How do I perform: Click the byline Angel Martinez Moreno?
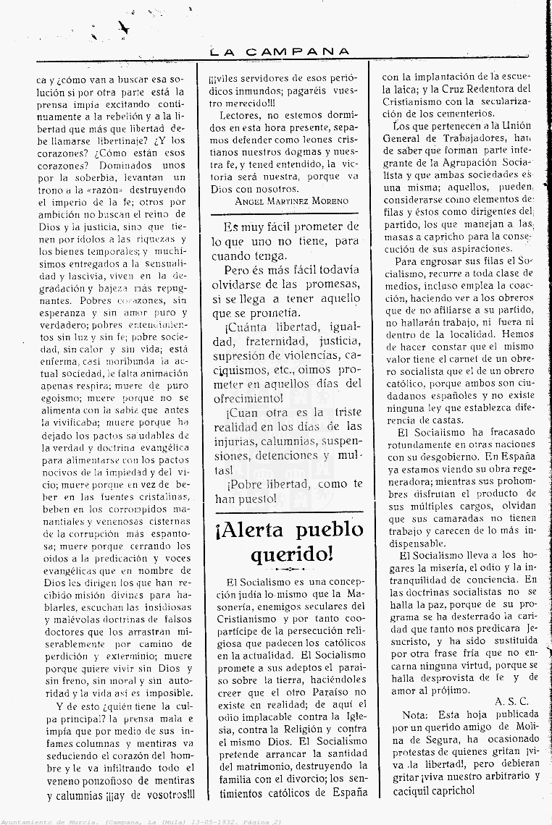290,200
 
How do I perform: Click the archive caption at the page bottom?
141,821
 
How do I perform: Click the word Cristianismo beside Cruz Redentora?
417,101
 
